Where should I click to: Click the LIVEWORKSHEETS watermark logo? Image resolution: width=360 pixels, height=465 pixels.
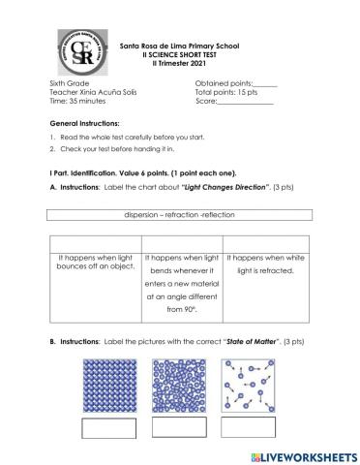coord(296,452)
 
